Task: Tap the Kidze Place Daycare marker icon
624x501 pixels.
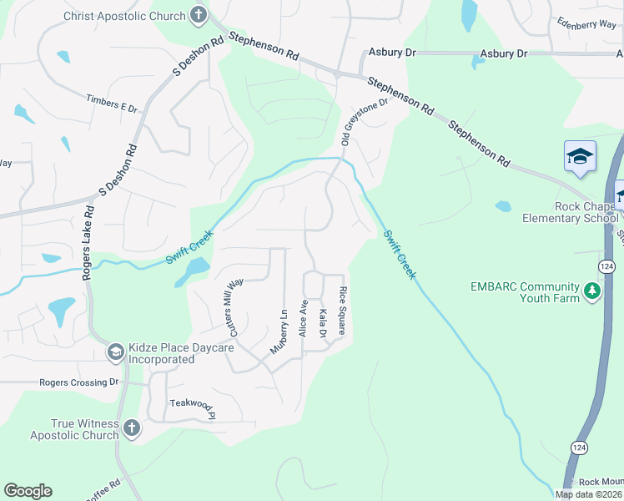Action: coord(114,353)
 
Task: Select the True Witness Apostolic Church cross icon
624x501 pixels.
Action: coord(131,429)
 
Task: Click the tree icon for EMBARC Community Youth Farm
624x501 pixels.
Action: coord(592,291)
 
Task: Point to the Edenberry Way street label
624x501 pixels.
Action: coord(586,24)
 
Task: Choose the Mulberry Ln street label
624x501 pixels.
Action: coord(279,331)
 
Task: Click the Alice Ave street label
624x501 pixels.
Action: coord(304,319)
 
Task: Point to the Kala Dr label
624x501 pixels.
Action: coord(323,324)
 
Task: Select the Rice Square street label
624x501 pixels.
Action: coord(342,311)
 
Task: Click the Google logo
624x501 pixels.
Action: coord(28,491)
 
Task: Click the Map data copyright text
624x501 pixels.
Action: coord(589,494)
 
